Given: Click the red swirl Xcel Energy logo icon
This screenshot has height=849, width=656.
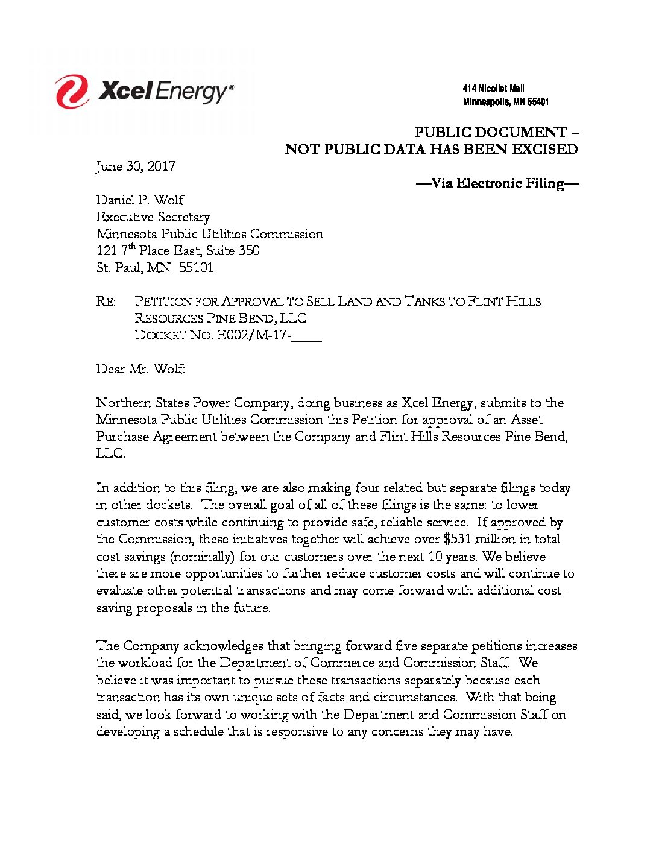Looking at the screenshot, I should coord(72,92).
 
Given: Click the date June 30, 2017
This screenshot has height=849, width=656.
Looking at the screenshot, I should coord(136,166).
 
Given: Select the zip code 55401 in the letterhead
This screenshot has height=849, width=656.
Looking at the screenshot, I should coord(538,102).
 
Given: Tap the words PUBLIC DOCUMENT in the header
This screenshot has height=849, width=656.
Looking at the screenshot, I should coord(491,132).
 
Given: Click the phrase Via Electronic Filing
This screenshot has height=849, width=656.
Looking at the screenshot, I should coord(497,183).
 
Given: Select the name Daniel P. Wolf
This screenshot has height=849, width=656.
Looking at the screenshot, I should coord(140,200).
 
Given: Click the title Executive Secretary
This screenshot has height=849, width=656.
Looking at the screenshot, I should coord(153,217).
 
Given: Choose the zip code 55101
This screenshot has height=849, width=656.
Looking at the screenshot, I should coord(196,268).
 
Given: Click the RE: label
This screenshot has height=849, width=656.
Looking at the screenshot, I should coord(106,301).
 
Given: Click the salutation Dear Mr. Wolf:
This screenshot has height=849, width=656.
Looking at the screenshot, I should coord(140,369).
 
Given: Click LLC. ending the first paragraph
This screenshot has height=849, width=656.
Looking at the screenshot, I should coord(110,453).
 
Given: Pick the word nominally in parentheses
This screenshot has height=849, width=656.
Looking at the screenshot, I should coord(203,557).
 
